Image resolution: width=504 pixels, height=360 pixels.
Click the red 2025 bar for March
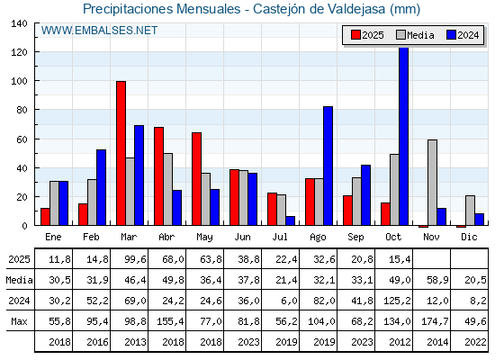tap(121, 153)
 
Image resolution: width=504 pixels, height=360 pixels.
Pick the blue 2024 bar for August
tap(328, 166)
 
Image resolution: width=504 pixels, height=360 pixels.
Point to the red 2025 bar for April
tap(158, 175)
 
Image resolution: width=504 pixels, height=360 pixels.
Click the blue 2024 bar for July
tap(290, 220)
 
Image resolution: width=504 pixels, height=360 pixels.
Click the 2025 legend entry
tap(366, 35)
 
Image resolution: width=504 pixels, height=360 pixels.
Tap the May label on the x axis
tap(205, 236)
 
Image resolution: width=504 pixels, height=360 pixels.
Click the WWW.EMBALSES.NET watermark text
tap(99, 31)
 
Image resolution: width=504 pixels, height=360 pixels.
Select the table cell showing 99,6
tap(130, 259)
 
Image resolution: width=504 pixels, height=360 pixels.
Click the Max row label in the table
tap(18, 321)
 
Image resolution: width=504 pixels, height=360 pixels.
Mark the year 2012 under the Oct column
tap(394, 342)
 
